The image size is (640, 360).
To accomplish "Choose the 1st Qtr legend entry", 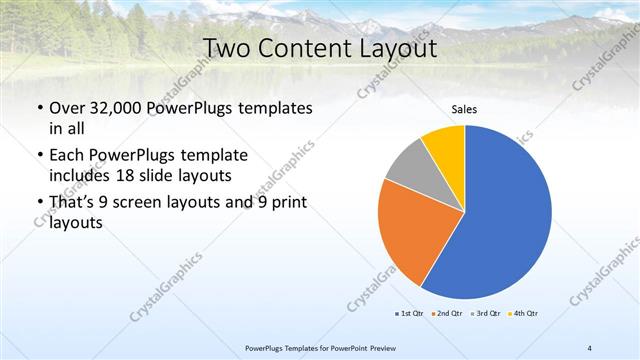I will pos(411,313).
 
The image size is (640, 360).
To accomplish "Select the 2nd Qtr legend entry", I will pos(449,313).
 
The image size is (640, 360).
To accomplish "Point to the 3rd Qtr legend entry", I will pos(487,313).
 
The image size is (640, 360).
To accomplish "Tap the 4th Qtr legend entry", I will pos(525,313).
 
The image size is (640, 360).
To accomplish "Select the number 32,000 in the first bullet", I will pos(122,108).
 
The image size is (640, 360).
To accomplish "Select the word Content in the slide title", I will pos(306,48).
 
